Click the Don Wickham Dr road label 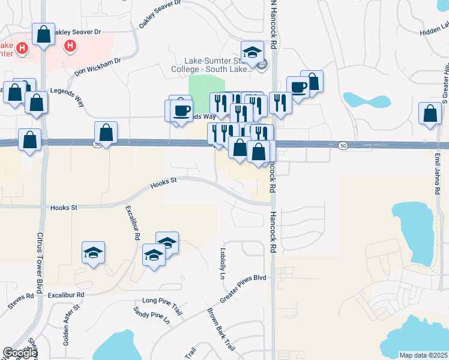click(98, 66)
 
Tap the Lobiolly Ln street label click(222, 263)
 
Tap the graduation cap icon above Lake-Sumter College click(253, 51)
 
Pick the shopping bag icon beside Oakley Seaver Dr click(44, 34)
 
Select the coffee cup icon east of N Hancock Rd click(298, 87)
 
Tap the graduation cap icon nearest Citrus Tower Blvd click(94, 252)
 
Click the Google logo click(19, 353)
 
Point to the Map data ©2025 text click(423, 355)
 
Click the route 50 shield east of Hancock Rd click(342, 145)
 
